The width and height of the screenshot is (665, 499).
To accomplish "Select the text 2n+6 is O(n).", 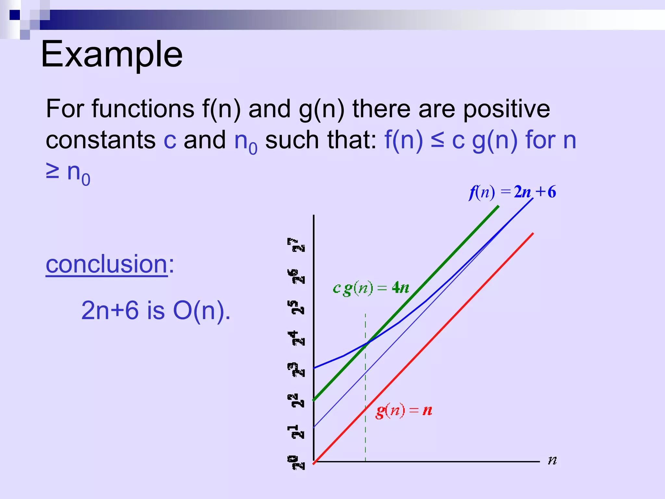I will (x=156, y=310).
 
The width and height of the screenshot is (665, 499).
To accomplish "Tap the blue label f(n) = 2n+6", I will (x=512, y=192).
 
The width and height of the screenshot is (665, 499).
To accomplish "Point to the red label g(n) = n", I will (x=404, y=411).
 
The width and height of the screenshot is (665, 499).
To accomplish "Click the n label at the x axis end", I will (x=552, y=460).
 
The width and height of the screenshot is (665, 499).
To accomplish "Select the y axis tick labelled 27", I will (x=296, y=245).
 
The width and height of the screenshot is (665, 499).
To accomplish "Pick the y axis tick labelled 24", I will (x=296, y=338).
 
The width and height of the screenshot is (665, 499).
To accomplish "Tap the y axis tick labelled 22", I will (x=296, y=401).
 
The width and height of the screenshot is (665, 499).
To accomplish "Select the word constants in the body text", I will (x=101, y=140).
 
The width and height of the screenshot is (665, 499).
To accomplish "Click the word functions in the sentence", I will (x=143, y=109).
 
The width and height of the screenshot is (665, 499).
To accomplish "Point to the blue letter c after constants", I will (x=170, y=141).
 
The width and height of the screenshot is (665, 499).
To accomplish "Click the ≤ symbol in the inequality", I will (x=437, y=141).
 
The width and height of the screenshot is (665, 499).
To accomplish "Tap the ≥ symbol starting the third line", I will (x=53, y=172).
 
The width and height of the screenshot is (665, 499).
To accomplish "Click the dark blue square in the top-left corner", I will (x=15, y=15).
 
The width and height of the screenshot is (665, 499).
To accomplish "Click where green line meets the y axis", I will (x=314, y=400).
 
